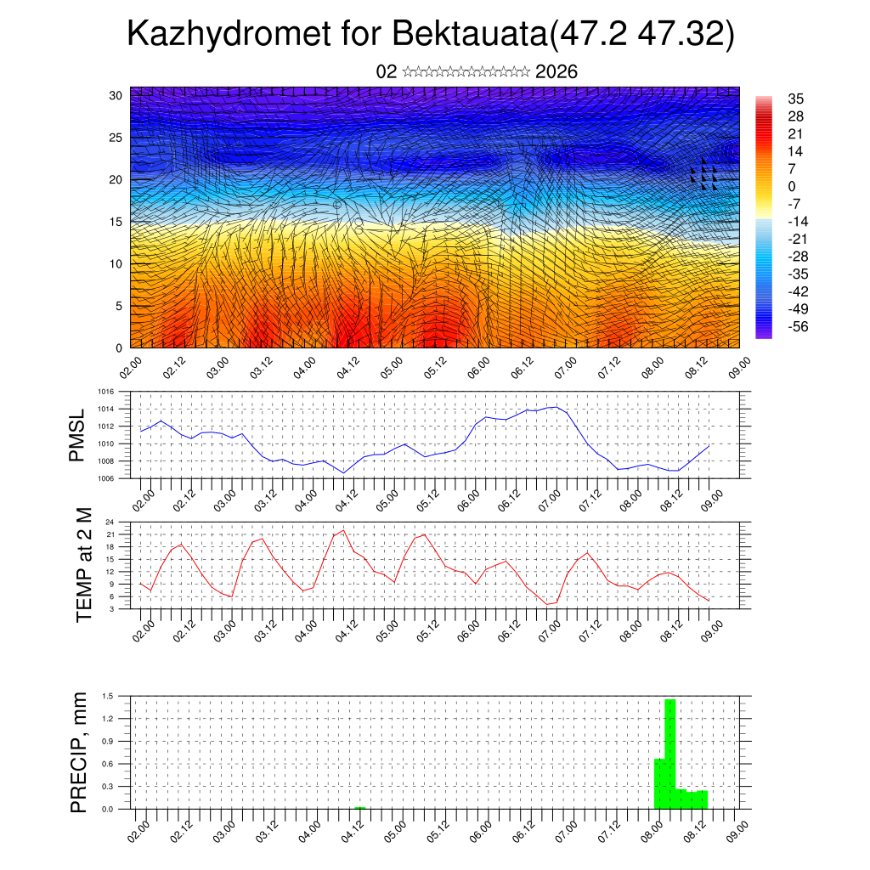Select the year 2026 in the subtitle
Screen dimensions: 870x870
pyautogui.click(x=556, y=72)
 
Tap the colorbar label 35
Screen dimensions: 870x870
pyautogui.click(x=795, y=99)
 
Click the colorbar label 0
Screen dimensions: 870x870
pyautogui.click(x=792, y=186)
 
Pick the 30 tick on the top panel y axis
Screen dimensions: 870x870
pyautogui.click(x=115, y=95)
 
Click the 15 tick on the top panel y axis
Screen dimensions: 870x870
pyautogui.click(x=115, y=222)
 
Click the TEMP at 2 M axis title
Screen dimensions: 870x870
pyautogui.click(x=83, y=565)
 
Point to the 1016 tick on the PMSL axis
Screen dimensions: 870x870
pyautogui.click(x=105, y=392)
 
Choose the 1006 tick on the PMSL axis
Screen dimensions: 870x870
pyautogui.click(x=105, y=478)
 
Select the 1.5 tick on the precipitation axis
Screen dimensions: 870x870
pyautogui.click(x=108, y=697)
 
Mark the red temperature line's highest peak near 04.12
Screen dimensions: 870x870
pyautogui.click(x=343, y=530)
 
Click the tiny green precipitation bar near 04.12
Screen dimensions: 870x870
pyautogui.click(x=360, y=807)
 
